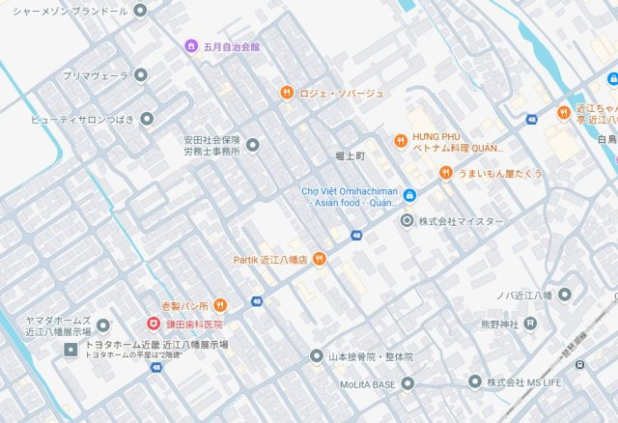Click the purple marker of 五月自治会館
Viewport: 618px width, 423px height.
(191, 45)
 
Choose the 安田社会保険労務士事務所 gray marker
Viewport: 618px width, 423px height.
(253, 145)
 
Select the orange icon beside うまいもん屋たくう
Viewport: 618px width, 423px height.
(445, 173)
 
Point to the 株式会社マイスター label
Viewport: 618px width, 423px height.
(461, 221)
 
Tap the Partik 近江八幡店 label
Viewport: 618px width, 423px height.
(270, 259)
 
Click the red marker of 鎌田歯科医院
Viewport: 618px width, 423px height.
(153, 324)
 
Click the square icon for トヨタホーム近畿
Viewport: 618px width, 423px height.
(70, 346)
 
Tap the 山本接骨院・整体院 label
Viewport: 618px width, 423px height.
(370, 356)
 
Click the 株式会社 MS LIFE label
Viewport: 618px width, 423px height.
(522, 382)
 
